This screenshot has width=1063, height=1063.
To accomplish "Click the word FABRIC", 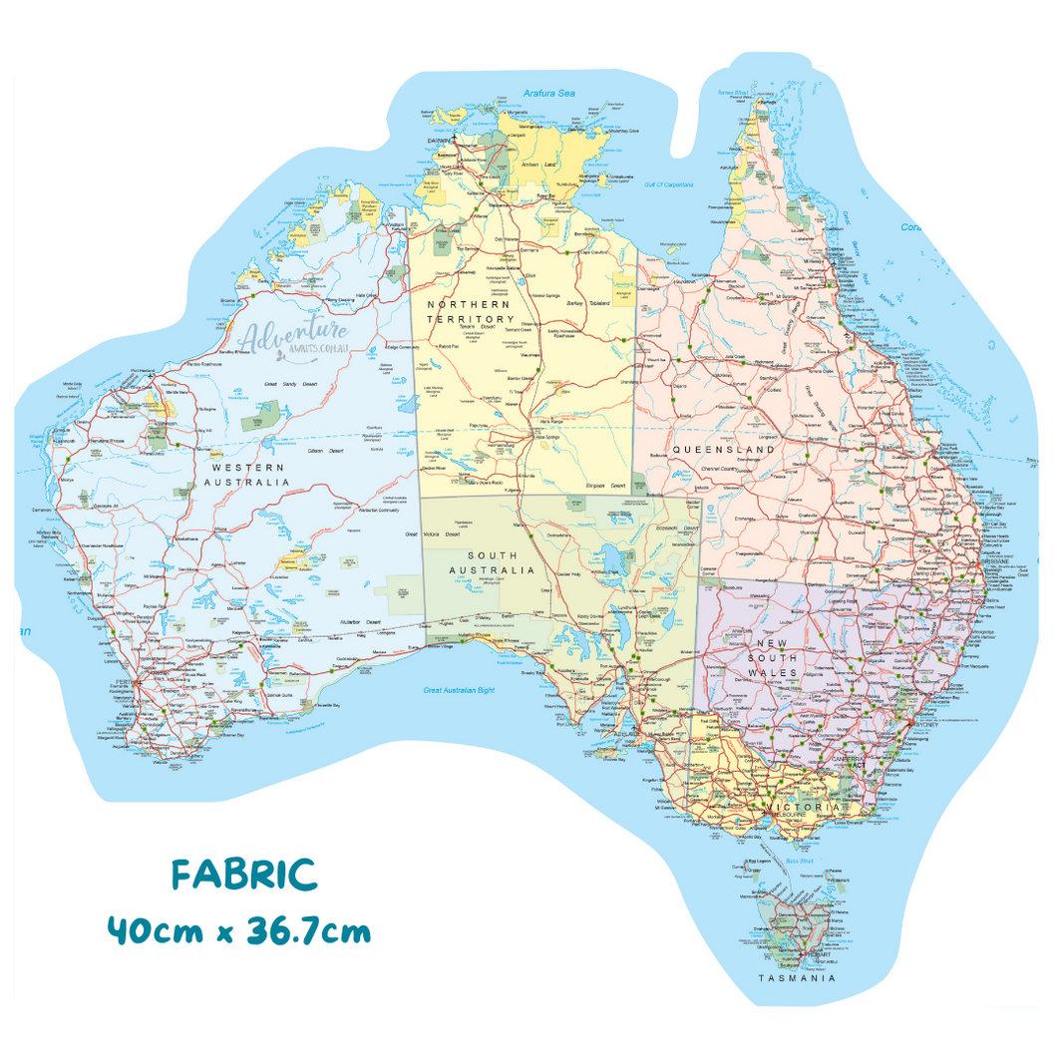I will coord(244,875).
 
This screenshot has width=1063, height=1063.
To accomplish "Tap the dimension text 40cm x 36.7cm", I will coord(239,932).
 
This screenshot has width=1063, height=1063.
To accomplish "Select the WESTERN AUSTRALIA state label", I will coord(246,475).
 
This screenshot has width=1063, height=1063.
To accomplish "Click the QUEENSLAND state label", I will coord(723,450).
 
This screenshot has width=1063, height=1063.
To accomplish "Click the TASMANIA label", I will coord(796,978).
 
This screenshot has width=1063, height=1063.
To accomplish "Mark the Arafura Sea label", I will coord(549,94).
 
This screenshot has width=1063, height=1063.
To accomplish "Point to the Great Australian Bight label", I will coord(460,690).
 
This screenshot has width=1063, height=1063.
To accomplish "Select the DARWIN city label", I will coord(440,142).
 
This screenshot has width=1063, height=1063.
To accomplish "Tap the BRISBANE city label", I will coord(997,561).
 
